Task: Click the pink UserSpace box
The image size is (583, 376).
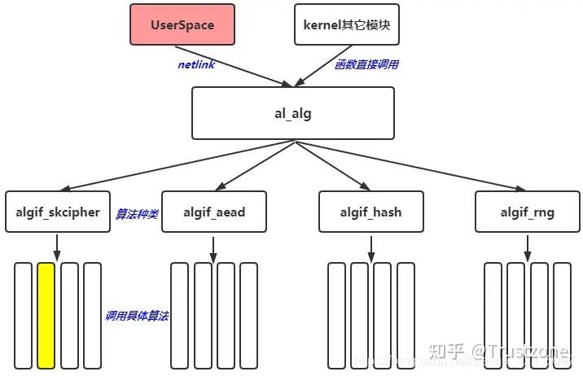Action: [x=182, y=24]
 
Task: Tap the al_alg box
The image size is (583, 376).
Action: [x=293, y=113]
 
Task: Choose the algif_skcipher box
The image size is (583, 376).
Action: [x=58, y=212]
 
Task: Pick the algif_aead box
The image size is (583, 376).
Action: [x=214, y=212]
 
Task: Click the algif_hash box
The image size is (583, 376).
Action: [x=371, y=212]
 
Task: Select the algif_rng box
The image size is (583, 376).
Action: [x=528, y=212]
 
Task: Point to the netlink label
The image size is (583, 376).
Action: [x=196, y=64]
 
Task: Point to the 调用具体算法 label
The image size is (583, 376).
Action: [x=137, y=315]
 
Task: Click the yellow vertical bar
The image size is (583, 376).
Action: [x=46, y=314]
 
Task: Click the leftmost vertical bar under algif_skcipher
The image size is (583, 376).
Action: [x=24, y=314]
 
